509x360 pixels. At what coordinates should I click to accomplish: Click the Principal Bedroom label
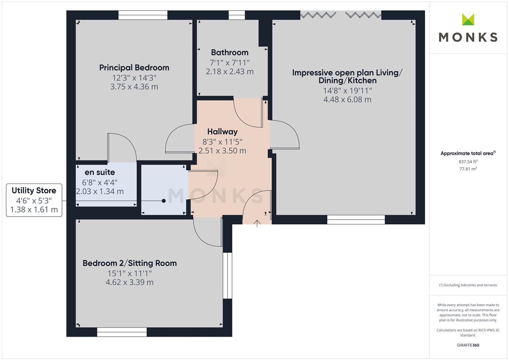pos(134,68)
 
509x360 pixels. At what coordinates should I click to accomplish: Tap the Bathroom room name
pos(230,53)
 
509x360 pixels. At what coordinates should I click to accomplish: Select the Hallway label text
pos(222,132)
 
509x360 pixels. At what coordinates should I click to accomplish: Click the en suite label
pos(100,172)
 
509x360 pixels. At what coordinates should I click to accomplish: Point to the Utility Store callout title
pos(34,190)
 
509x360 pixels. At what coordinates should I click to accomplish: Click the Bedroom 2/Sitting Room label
pos(130,263)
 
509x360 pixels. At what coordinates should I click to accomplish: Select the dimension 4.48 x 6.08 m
pos(347,100)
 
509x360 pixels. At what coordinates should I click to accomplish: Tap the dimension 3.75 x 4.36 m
pos(134,87)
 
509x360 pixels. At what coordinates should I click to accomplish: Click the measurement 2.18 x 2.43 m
pos(230,72)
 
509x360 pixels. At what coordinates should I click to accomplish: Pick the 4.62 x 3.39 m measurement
pos(130,282)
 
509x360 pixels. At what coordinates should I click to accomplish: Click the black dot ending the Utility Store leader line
pos(164,201)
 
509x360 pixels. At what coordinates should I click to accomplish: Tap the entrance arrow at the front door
pos(257,223)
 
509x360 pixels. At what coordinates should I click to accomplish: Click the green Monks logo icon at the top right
pos(468,19)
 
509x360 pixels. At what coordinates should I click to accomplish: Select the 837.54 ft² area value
pos(468,162)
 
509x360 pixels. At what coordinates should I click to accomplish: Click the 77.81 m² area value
pos(468,169)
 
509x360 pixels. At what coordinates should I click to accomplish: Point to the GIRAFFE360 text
pos(468,345)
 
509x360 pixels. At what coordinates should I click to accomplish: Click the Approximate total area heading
pos(468,153)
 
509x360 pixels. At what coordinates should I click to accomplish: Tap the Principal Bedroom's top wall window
pos(143,15)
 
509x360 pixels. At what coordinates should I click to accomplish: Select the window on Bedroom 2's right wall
pos(227,275)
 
